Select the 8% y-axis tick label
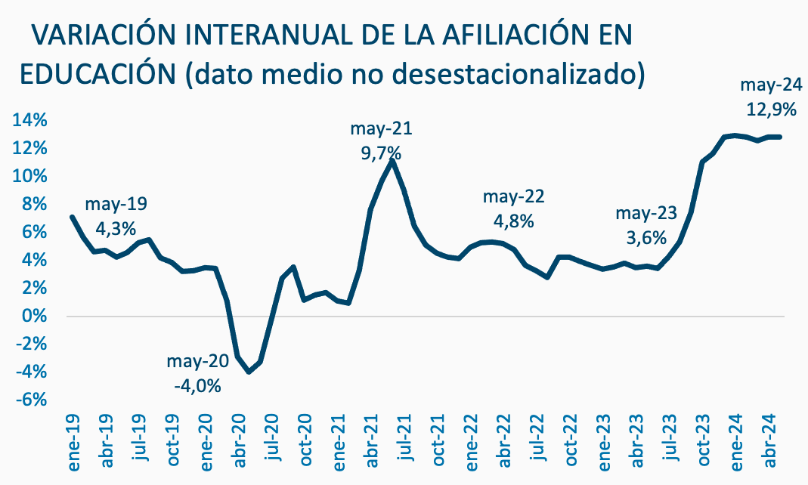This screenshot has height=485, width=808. [35, 204]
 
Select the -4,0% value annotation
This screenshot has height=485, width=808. [197, 385]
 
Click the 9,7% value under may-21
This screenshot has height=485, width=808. [381, 153]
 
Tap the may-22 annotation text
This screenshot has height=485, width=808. [513, 197]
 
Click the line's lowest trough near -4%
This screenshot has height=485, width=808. [249, 372]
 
